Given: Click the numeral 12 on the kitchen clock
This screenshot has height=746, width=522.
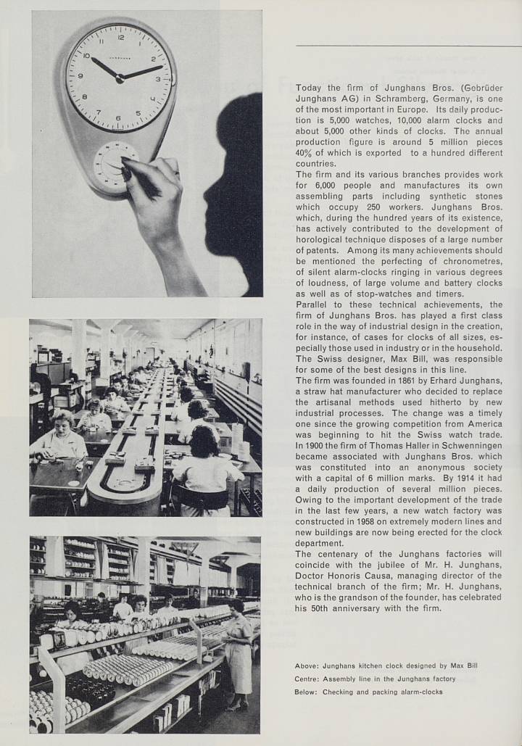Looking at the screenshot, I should click(120, 36).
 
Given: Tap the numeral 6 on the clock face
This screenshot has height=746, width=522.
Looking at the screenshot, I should click(118, 117).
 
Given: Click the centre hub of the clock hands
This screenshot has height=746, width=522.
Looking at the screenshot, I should click(119, 78).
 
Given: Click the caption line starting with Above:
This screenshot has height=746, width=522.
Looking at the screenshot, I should click(386, 666).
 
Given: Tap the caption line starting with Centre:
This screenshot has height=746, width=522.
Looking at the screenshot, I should click(375, 679).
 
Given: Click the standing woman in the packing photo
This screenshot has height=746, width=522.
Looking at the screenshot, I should click(239, 652).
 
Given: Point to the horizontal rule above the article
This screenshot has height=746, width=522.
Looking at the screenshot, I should click(408, 46).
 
